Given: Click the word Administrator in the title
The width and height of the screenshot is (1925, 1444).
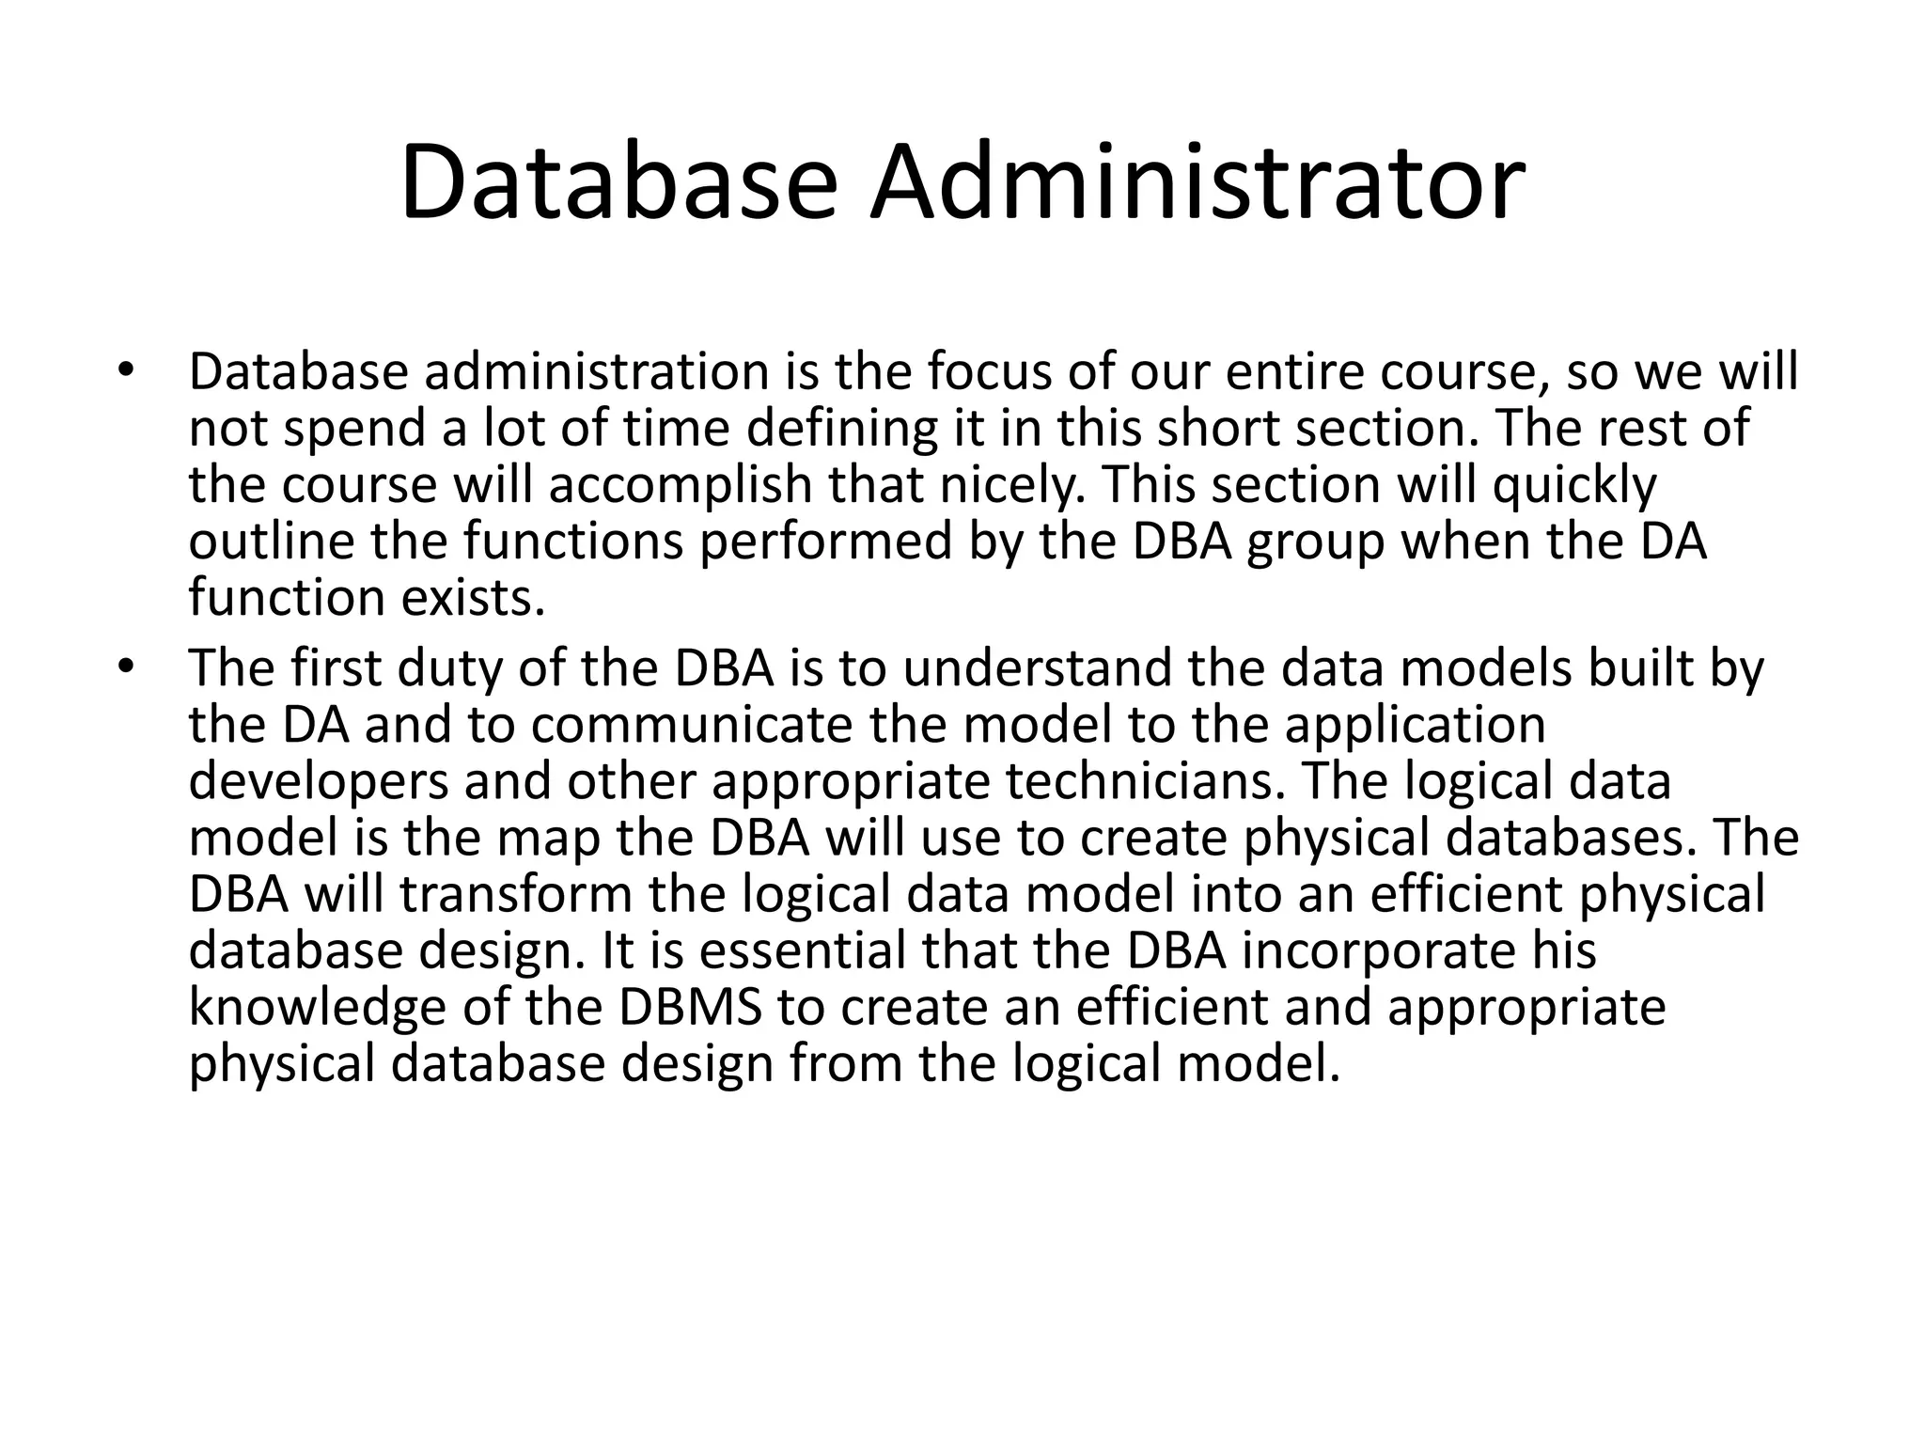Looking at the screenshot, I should [1196, 182].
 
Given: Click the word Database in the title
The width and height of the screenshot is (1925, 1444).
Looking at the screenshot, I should [618, 182].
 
